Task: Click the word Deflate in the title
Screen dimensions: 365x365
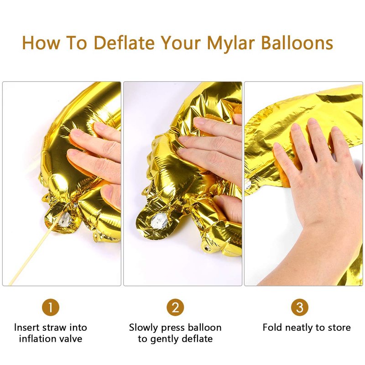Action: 124,42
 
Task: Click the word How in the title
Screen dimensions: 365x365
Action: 41,42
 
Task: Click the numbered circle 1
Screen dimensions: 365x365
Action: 51,307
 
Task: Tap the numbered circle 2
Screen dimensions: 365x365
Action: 175,307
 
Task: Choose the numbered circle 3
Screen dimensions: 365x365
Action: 300,307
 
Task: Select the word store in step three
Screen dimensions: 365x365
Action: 339,328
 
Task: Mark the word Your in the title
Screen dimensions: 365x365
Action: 181,42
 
